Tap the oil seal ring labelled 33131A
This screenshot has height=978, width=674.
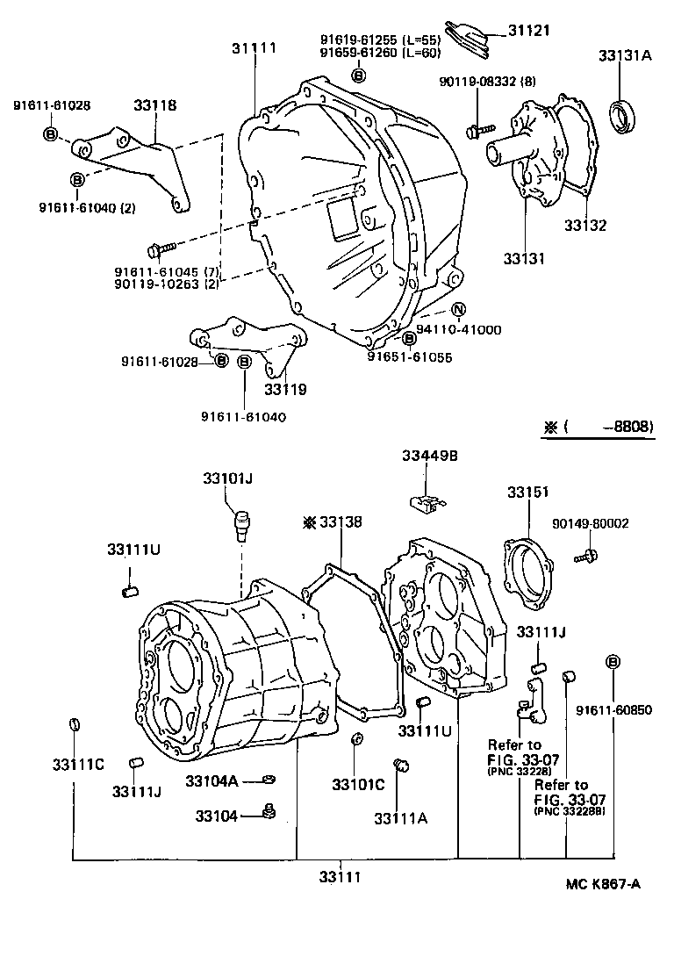[625, 115]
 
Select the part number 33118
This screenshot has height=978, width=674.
[155, 105]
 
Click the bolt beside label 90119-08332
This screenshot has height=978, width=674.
[476, 131]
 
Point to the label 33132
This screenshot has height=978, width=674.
[584, 225]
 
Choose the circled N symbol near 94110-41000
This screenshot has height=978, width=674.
[458, 309]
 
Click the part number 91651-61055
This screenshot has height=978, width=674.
[409, 356]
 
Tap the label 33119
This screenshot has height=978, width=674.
[285, 388]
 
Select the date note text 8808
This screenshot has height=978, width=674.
[629, 427]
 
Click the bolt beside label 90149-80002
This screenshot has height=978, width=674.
[587, 555]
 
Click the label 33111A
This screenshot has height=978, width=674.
[400, 818]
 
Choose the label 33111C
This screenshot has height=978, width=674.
[78, 764]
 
